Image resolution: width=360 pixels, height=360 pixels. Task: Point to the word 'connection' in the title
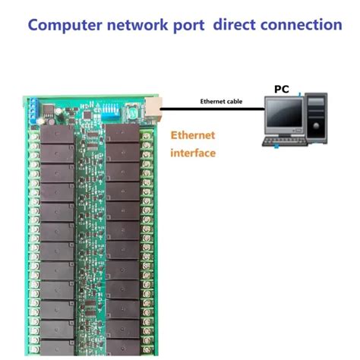tap(304, 24)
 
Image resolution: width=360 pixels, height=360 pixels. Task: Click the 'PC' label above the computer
tap(282, 89)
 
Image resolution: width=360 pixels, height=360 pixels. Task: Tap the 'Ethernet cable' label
tap(221, 101)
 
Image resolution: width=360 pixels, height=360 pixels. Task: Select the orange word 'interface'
tap(193, 153)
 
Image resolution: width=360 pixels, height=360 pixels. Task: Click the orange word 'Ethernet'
tap(193, 135)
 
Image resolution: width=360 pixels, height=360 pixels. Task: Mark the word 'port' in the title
tap(190, 24)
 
